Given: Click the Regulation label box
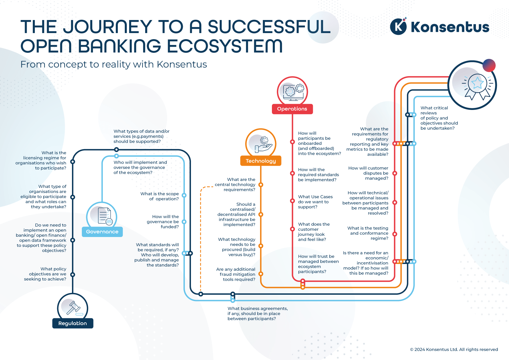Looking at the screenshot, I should click(73, 323).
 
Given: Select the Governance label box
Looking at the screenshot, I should click(102, 231).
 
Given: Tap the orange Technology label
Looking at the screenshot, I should click(261, 161).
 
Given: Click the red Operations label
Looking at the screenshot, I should click(292, 109).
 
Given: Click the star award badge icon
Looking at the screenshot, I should click(477, 85).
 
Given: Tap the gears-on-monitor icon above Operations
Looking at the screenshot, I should click(293, 91).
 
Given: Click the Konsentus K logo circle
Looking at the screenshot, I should click(398, 27).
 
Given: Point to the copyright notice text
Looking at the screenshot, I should click(454, 349).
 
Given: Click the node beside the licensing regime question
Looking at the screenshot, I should click(73, 162).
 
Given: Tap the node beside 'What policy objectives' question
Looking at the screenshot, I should click(73, 274).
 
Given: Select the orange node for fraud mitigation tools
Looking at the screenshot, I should click(261, 274).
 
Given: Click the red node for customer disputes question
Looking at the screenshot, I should click(395, 173).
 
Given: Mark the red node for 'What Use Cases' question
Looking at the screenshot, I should click(293, 201).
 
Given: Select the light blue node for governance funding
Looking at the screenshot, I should click(184, 222).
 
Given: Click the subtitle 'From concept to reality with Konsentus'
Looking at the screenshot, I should click(113, 64).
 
